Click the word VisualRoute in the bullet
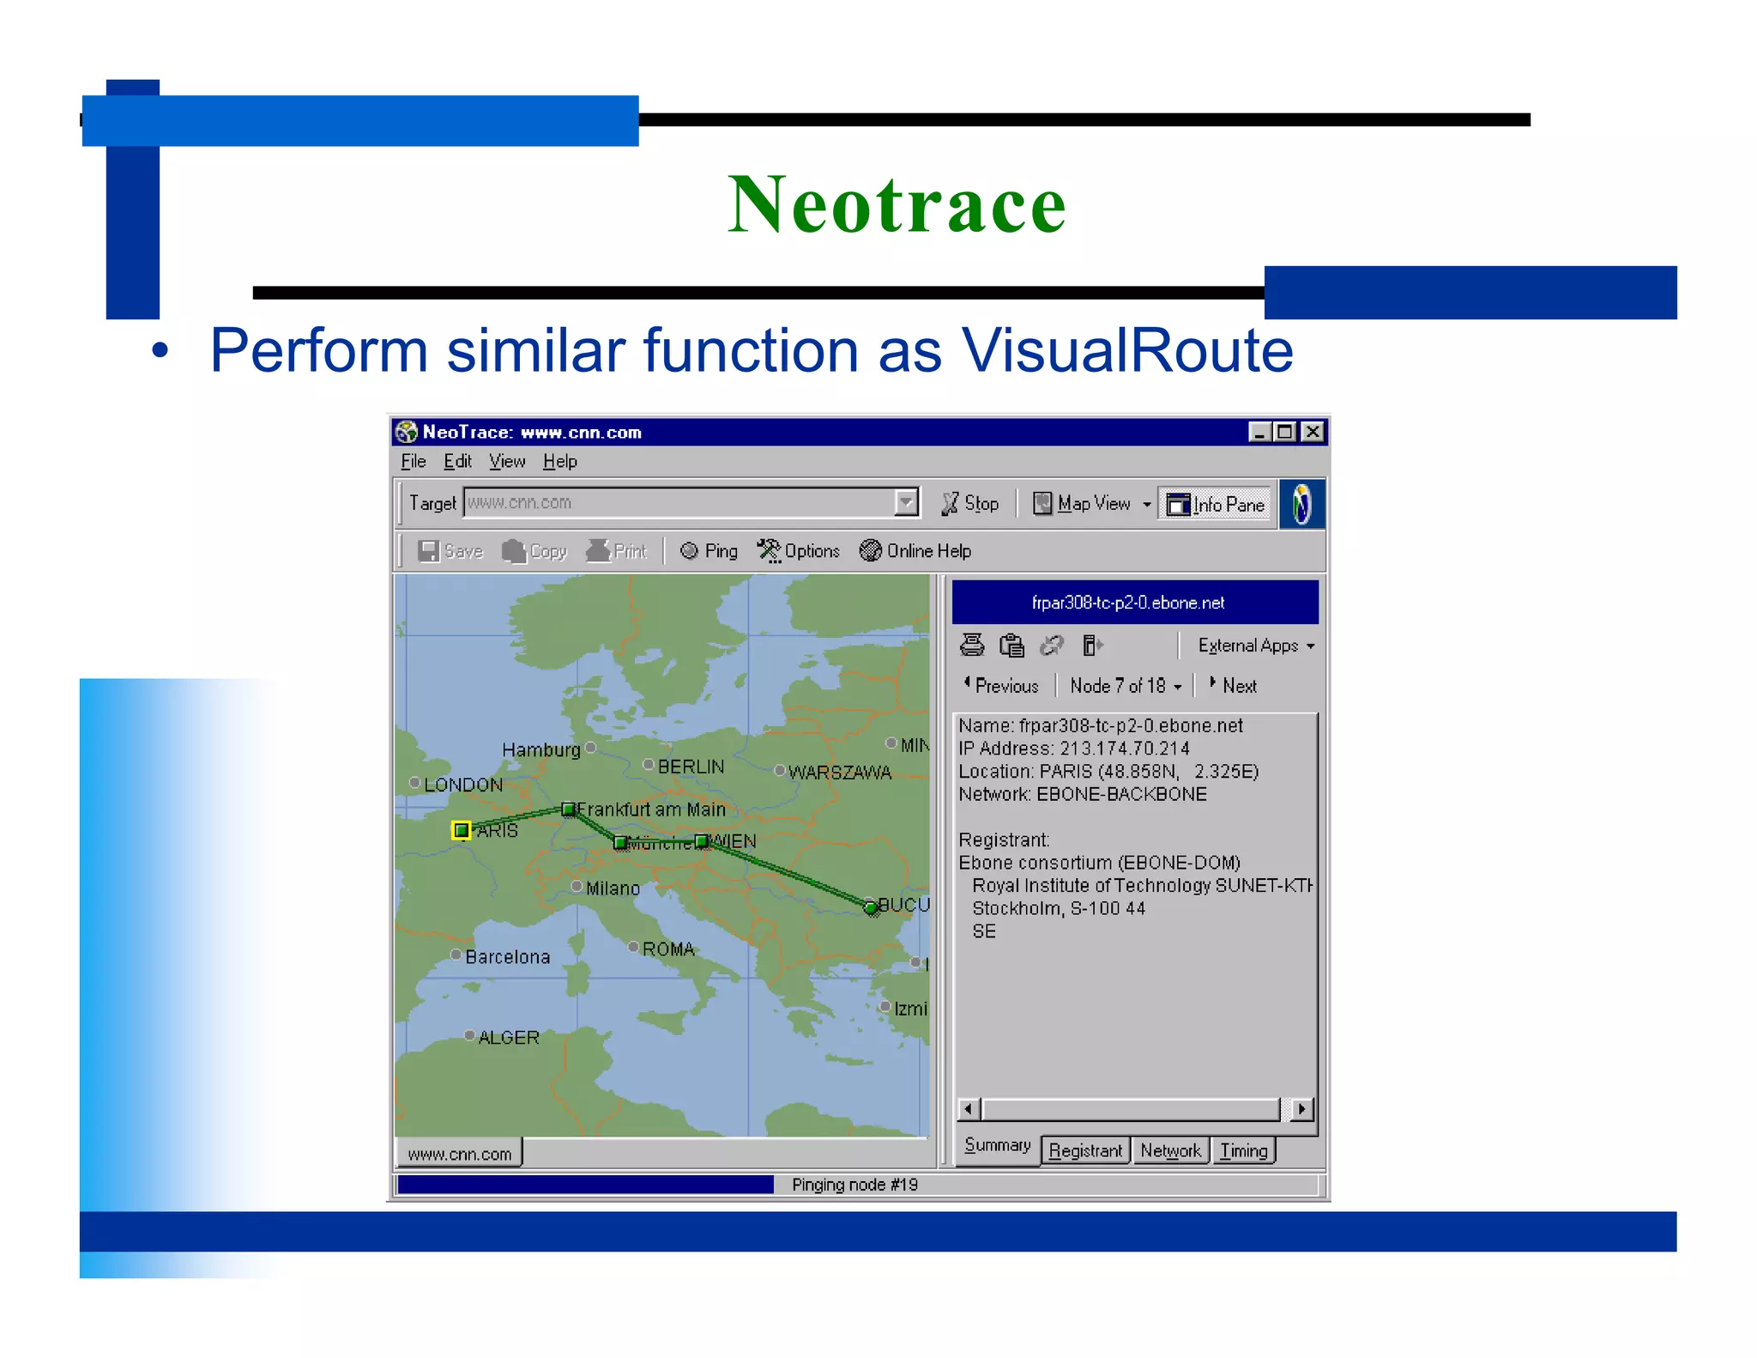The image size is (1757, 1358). (1126, 350)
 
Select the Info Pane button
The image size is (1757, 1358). (1216, 505)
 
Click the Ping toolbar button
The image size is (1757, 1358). (709, 551)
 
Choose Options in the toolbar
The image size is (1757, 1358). (799, 551)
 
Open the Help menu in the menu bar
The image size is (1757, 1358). (559, 462)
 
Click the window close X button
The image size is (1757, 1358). (1313, 432)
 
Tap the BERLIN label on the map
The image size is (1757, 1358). (691, 767)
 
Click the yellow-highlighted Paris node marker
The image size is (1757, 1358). (462, 829)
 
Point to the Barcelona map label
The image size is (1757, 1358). (507, 957)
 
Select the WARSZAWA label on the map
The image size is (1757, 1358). (839, 773)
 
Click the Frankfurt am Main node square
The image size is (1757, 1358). (568, 809)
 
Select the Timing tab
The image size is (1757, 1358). (1243, 1150)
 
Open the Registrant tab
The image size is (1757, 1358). (1084, 1150)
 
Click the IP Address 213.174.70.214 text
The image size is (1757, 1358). (1073, 749)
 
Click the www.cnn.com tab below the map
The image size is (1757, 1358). (459, 1155)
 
